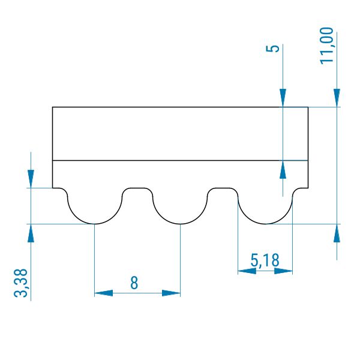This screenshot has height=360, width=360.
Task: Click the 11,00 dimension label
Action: coord(326,46)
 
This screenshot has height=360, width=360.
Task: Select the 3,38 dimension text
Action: coord(20,283)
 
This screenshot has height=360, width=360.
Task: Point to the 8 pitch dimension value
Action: coord(134,283)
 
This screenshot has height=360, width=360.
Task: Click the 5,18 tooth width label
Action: coord(265,260)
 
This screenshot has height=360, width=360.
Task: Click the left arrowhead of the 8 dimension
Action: coord(104,293)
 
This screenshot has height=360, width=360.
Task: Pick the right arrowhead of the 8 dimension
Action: coord(171,293)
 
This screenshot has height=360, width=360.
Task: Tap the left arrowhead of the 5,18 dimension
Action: coord(247,271)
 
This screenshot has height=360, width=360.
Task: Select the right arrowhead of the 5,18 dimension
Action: coord(283,271)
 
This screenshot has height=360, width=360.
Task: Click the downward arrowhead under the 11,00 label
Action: coord(337,98)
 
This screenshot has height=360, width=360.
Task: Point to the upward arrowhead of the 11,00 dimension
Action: coord(337,233)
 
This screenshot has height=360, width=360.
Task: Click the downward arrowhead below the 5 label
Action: coord(283,98)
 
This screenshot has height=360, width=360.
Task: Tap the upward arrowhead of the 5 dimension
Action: coord(283,169)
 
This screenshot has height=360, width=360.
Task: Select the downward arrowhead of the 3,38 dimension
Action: coord(31,179)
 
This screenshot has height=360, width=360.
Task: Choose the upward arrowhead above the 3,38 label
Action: coord(31,233)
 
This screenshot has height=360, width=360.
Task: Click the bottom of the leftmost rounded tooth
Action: coord(95,224)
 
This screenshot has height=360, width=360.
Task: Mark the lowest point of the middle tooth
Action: coord(180,224)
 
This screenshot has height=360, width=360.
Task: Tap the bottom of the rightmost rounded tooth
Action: coord(265,224)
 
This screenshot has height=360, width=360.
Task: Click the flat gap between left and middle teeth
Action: coord(137,188)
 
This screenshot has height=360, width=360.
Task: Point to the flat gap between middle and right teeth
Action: coord(223,188)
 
